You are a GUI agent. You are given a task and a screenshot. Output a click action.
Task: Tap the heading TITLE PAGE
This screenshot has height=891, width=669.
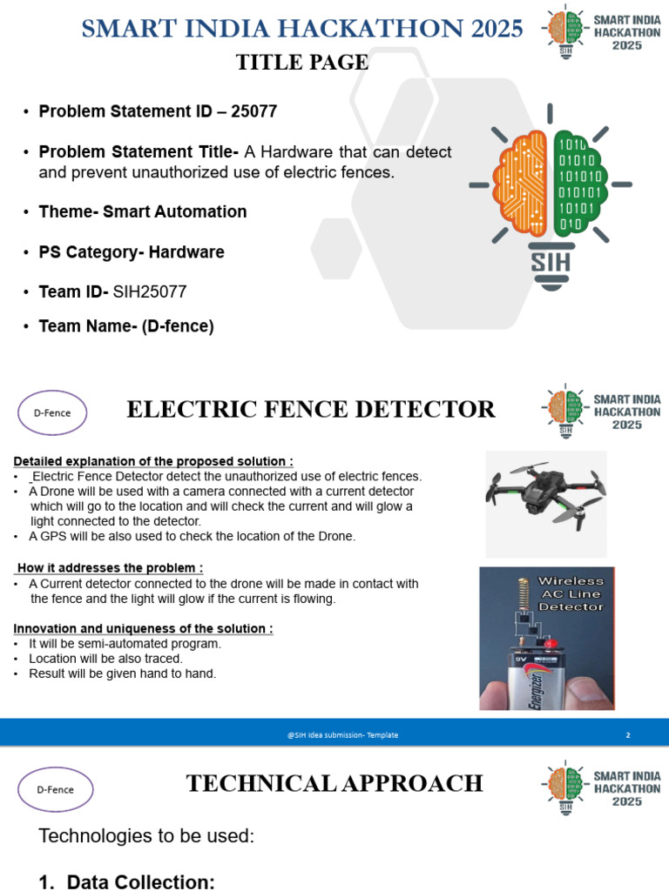coord(302,63)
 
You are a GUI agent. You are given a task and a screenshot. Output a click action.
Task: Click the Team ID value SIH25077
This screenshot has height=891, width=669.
coord(150,291)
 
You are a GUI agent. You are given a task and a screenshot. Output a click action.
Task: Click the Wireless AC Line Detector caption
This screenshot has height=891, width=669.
coord(571,593)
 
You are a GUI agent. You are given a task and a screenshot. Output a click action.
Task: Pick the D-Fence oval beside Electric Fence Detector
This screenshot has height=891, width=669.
coord(52,413)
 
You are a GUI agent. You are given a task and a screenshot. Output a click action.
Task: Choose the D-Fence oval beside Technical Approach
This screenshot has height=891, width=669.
coord(55,789)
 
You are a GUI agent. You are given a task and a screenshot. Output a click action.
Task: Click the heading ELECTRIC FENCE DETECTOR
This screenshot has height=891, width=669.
coord(311,409)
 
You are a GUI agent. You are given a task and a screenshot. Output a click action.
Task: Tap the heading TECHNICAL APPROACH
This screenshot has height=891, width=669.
coord(334,783)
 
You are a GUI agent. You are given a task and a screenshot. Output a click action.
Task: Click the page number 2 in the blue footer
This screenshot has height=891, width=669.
coord(628,735)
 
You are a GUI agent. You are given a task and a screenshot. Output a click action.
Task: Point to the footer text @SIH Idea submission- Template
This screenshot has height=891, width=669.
coord(342,735)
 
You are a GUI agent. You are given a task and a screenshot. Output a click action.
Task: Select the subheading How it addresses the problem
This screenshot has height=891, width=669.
coord(110,568)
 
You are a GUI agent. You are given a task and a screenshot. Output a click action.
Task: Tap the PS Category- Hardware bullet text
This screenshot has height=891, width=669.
coord(132,252)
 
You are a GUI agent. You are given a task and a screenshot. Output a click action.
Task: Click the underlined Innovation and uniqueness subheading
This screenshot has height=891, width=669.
coord(144,628)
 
